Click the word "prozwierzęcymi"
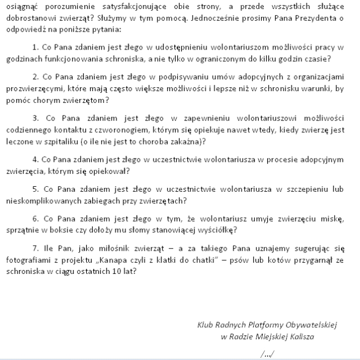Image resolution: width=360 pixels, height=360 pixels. (33, 89)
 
